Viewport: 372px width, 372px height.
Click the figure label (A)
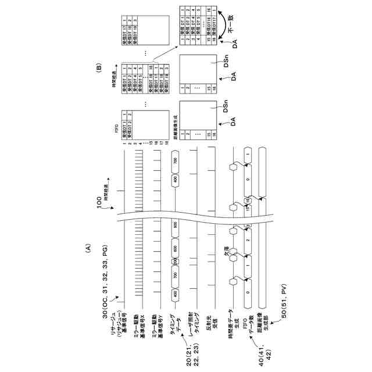coord(88,249)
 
